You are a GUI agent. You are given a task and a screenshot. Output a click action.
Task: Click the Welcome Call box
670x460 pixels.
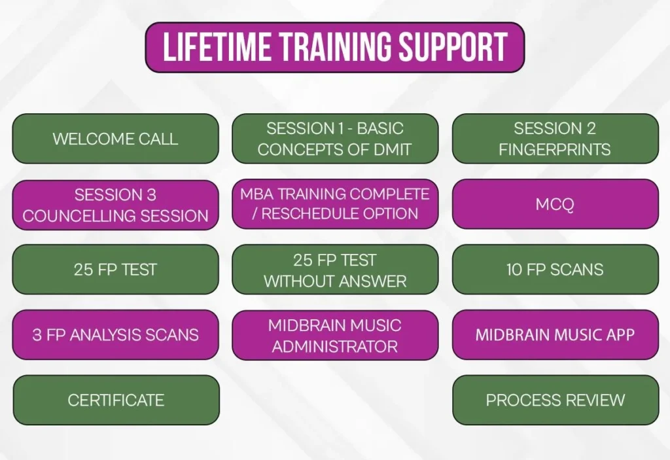(115, 139)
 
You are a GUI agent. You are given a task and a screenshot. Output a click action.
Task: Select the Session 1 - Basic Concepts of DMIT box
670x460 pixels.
(335, 139)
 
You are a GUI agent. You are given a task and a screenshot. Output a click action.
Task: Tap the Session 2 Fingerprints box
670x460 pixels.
(555, 139)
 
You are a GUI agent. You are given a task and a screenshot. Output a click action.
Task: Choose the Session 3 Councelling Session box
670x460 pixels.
(115, 205)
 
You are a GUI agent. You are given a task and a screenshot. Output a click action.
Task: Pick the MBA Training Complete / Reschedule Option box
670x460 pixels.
(335, 204)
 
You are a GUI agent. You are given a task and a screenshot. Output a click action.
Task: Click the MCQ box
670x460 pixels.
(555, 204)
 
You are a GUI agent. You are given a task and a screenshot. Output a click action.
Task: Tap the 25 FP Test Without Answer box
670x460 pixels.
(335, 270)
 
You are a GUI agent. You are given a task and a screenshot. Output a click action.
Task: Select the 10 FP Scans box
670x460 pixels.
(555, 270)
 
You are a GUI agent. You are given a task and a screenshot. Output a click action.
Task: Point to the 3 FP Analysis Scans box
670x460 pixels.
(115, 335)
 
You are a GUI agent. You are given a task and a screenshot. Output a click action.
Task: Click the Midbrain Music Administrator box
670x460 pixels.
(335, 335)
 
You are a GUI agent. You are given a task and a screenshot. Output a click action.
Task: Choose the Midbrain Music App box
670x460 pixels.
(555, 335)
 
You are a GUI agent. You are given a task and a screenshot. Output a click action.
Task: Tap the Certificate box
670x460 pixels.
(116, 400)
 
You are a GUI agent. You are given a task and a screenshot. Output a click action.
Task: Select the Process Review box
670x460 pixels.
(555, 400)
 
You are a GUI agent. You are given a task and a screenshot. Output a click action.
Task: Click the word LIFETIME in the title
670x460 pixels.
(217, 46)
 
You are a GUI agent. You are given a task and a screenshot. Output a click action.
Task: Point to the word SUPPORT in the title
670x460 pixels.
(453, 46)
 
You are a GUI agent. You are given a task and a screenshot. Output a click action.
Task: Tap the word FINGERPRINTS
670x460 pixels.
(555, 150)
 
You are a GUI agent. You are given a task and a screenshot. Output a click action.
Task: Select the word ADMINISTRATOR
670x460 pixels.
(335, 346)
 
